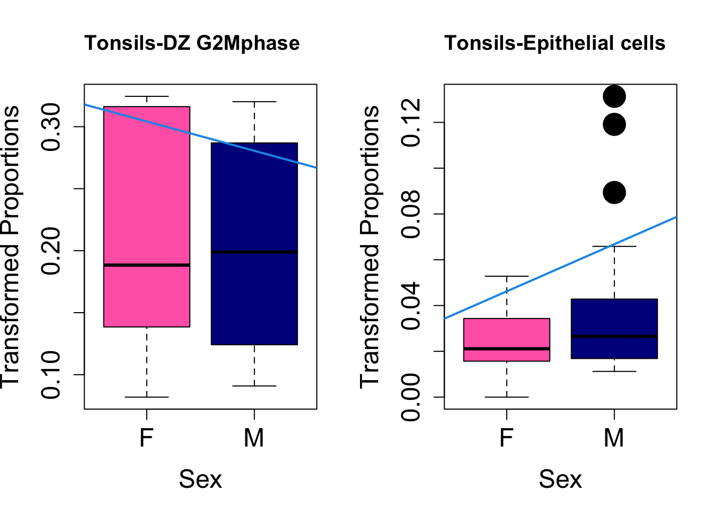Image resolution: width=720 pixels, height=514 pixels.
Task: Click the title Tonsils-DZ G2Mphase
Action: [x=192, y=43]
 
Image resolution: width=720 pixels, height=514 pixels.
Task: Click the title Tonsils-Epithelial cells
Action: [x=554, y=43]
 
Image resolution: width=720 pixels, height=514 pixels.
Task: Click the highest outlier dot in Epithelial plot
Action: [x=614, y=97]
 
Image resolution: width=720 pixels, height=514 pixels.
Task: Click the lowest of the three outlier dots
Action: [x=614, y=193]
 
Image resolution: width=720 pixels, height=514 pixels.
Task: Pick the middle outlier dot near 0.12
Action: [x=614, y=125]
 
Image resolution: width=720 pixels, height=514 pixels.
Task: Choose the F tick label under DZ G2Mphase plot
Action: [x=147, y=438]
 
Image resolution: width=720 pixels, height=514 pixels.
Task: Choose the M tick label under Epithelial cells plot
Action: [x=614, y=438]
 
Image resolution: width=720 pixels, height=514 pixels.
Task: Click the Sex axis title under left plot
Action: [x=200, y=479]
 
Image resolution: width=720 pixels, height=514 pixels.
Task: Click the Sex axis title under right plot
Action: [x=560, y=479]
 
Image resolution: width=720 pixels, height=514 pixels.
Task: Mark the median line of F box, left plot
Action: [x=147, y=265]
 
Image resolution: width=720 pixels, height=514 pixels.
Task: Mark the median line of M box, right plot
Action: [x=614, y=336]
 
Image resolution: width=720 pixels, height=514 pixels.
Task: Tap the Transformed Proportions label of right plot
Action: [x=370, y=246]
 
